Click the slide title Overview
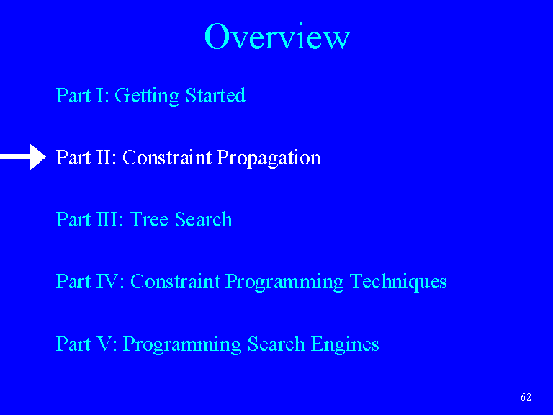pyautogui.click(x=276, y=36)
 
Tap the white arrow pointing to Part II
pyautogui.click(x=23, y=157)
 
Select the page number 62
pyautogui.click(x=526, y=397)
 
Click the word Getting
pyautogui.click(x=147, y=96)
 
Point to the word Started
pyautogui.click(x=215, y=95)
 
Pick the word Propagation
pyautogui.click(x=269, y=158)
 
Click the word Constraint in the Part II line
pyautogui.click(x=167, y=157)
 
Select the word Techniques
pyautogui.click(x=398, y=282)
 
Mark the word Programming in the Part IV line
pyautogui.click(x=284, y=282)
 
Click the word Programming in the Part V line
pyautogui.click(x=182, y=344)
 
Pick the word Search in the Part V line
pyautogui.click(x=276, y=344)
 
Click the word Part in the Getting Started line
pyautogui.click(x=73, y=95)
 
